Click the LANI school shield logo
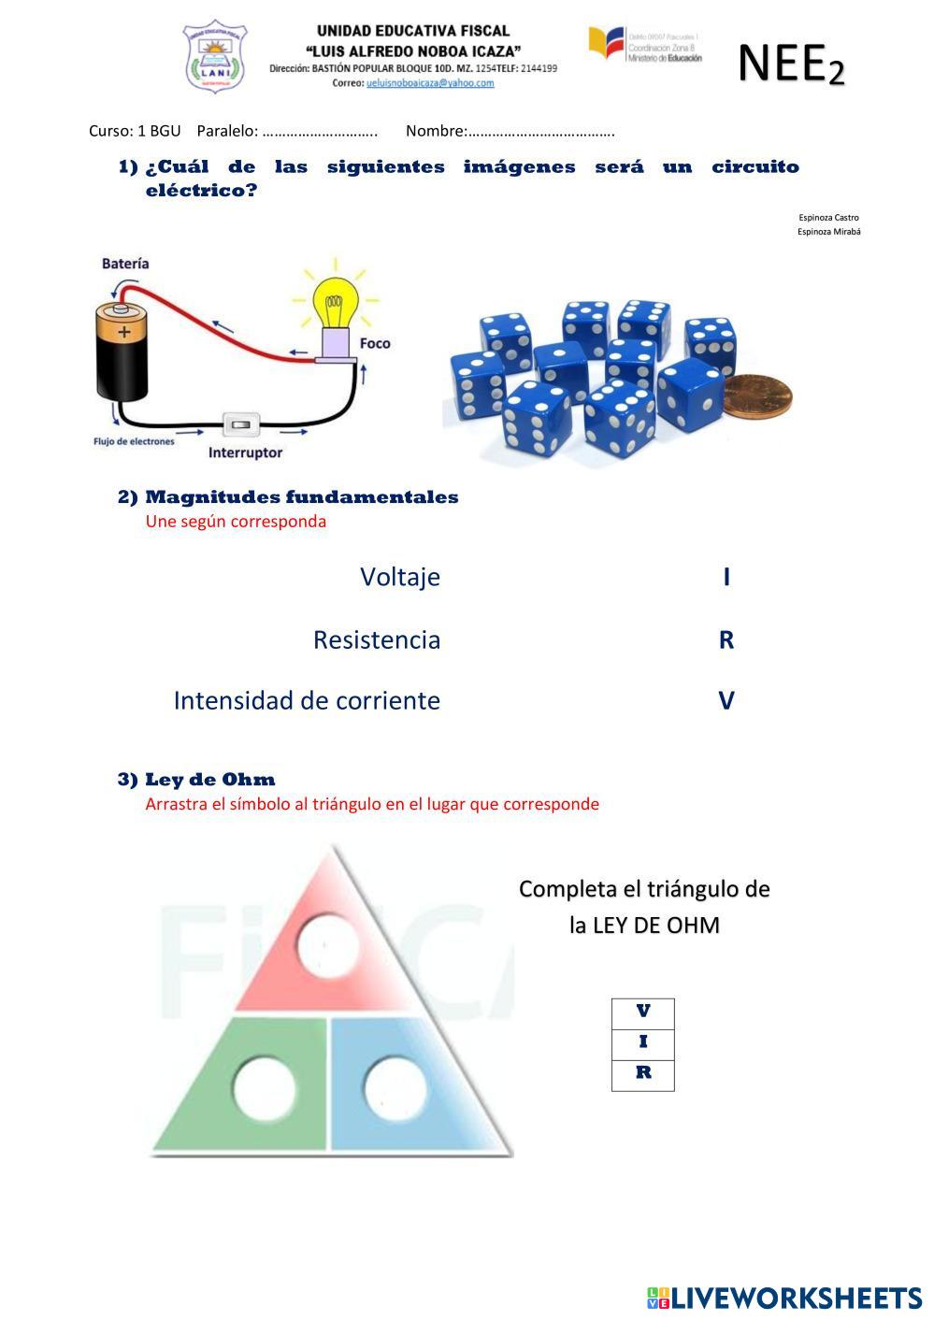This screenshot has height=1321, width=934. [x=215, y=56]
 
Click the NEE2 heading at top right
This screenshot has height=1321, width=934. [x=791, y=65]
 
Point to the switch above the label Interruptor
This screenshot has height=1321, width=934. [x=241, y=425]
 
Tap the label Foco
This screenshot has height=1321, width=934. [x=375, y=343]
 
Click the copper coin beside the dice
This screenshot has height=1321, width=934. [x=759, y=396]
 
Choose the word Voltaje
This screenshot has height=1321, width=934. [x=399, y=577]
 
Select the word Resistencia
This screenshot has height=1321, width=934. [x=376, y=639]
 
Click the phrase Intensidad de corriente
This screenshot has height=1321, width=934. [x=307, y=700]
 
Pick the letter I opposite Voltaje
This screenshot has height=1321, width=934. [x=726, y=577]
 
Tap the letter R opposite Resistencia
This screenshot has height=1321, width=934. [x=726, y=639]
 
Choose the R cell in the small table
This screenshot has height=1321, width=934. [x=643, y=1074]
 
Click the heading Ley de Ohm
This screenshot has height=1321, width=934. [x=209, y=780]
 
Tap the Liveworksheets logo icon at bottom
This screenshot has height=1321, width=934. [x=657, y=1298]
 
